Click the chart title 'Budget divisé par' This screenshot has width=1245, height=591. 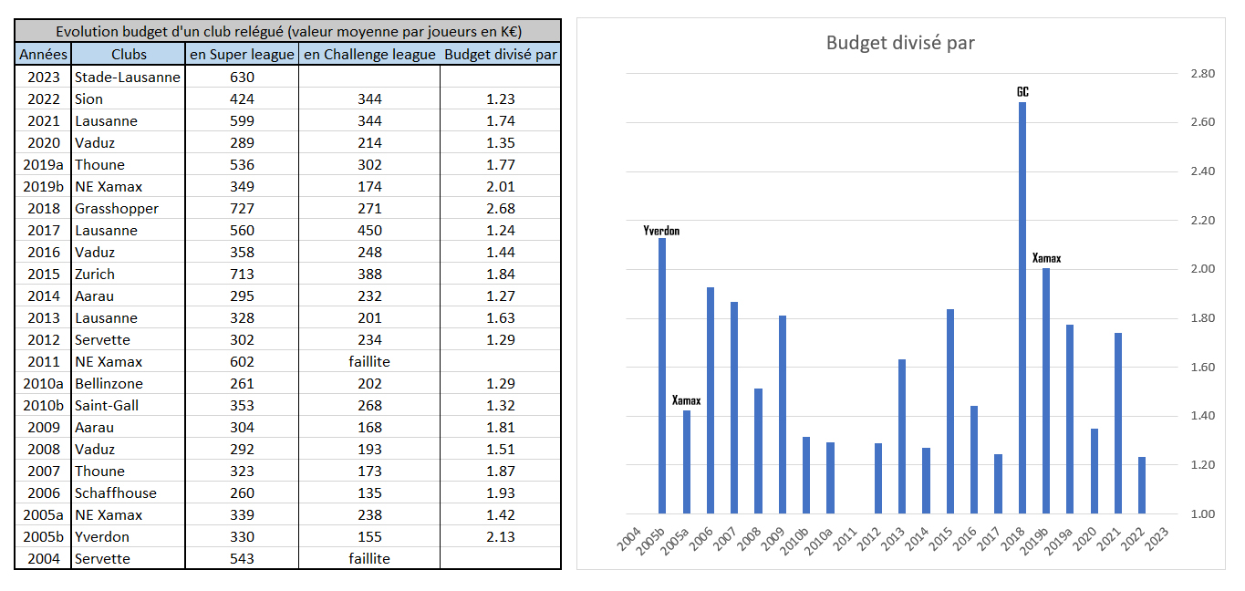(x=899, y=43)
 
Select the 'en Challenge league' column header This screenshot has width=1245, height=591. (x=368, y=55)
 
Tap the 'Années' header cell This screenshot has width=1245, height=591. (x=43, y=55)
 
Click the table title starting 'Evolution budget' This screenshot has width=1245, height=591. (x=287, y=32)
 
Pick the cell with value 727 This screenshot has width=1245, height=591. (x=242, y=209)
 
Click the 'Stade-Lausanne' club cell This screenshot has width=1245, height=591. (x=128, y=78)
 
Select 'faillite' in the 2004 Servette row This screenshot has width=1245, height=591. (x=368, y=559)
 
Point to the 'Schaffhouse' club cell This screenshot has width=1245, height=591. (x=116, y=493)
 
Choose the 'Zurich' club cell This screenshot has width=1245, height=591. (x=95, y=275)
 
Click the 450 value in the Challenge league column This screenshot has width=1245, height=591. (x=368, y=231)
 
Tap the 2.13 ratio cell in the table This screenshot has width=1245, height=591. (x=500, y=537)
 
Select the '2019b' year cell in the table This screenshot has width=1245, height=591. (x=43, y=187)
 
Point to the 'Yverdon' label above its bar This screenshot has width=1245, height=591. (x=661, y=231)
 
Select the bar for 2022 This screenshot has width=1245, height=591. (x=1141, y=485)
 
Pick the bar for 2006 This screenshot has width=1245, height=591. (x=711, y=400)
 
